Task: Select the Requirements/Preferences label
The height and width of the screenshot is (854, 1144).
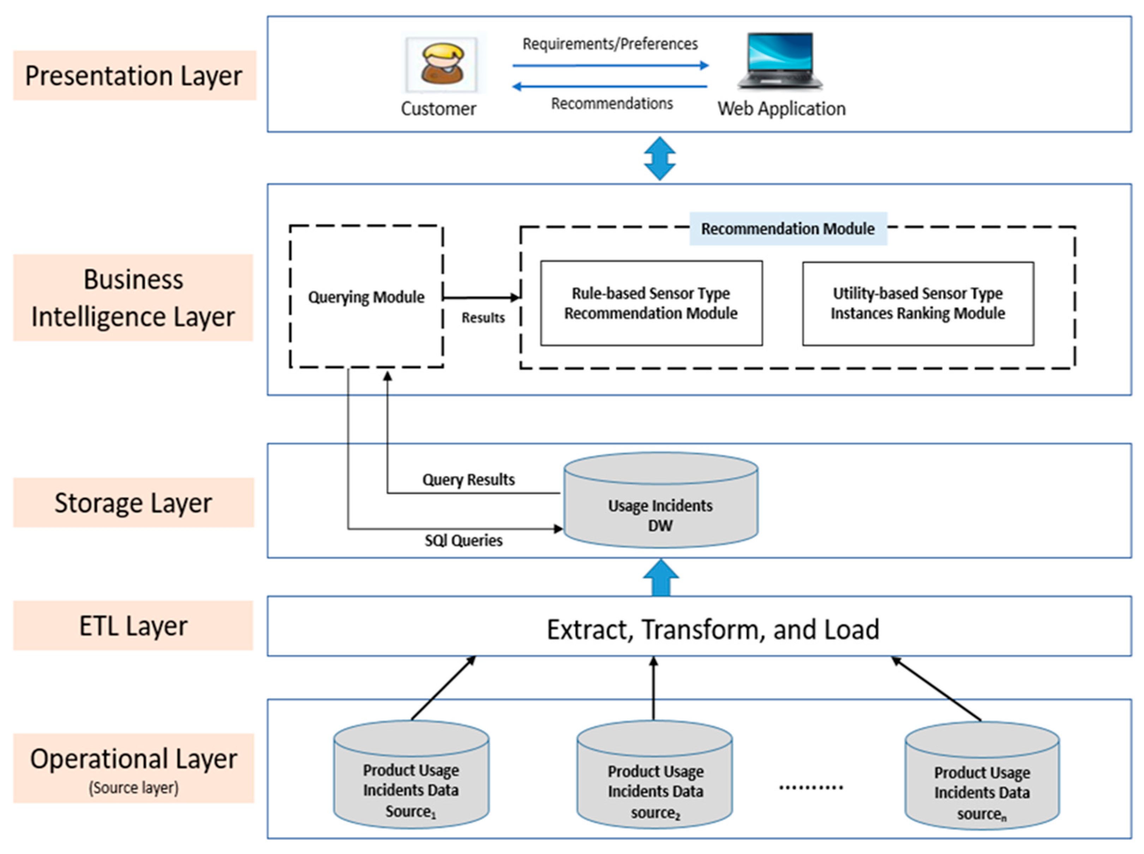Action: tap(610, 44)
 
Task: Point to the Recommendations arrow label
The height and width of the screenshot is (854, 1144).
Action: tap(612, 103)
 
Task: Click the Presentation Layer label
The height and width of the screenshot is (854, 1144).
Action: tap(134, 76)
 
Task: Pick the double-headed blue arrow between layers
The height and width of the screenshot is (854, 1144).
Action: tap(660, 158)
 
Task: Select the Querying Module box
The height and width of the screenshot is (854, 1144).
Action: tap(366, 297)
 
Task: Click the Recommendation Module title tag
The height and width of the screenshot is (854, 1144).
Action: tap(788, 228)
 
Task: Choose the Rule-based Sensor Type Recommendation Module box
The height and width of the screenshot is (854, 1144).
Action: tap(651, 303)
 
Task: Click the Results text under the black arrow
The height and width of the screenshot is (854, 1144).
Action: tap(483, 317)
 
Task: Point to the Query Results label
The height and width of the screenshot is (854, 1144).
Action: tap(468, 480)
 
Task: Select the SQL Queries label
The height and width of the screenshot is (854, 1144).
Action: tap(463, 541)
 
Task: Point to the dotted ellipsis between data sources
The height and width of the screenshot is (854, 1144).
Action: tap(810, 787)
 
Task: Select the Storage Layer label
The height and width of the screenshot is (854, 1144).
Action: tap(133, 503)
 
